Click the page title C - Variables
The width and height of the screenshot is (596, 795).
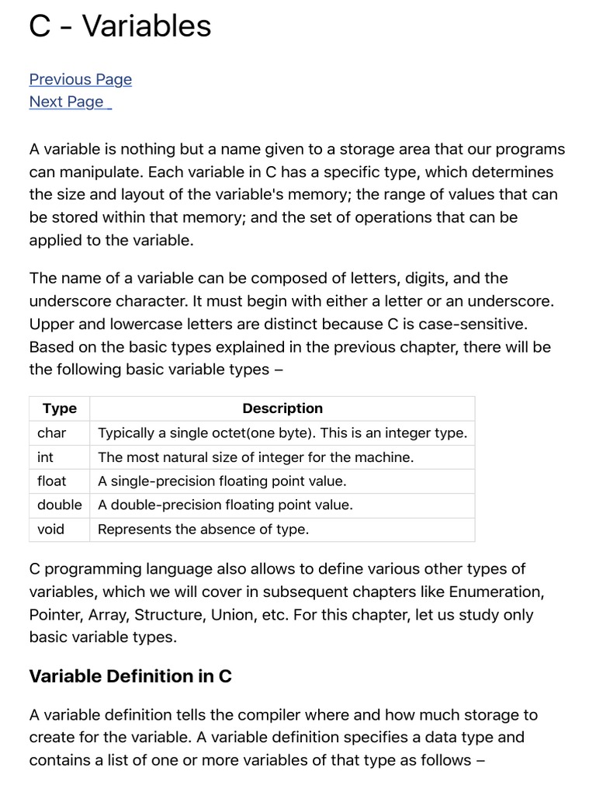[120, 26]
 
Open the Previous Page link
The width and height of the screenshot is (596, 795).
[81, 79]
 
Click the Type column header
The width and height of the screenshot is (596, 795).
[60, 408]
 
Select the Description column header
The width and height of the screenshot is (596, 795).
[282, 408]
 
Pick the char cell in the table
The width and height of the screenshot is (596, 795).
[52, 433]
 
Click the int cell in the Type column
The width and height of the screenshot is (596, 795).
[46, 457]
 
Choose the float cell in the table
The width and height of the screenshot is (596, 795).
[52, 481]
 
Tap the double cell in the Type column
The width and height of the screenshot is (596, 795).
[59, 505]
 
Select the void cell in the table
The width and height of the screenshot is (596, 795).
[51, 529]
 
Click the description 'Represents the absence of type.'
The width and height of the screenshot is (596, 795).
[203, 529]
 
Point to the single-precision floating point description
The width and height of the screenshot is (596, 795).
[222, 481]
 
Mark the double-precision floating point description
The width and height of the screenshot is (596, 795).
[225, 505]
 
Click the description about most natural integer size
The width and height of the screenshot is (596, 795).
[256, 457]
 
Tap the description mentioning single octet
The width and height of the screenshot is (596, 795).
[282, 433]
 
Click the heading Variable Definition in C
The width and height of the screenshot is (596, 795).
[130, 676]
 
